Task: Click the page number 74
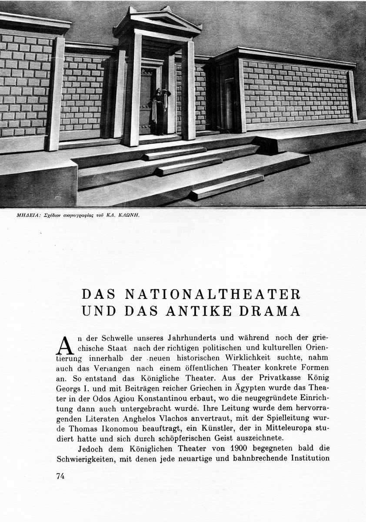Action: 60,476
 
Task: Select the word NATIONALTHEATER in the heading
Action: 213,294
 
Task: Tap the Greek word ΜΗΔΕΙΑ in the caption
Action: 21,214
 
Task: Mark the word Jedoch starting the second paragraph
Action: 90,448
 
